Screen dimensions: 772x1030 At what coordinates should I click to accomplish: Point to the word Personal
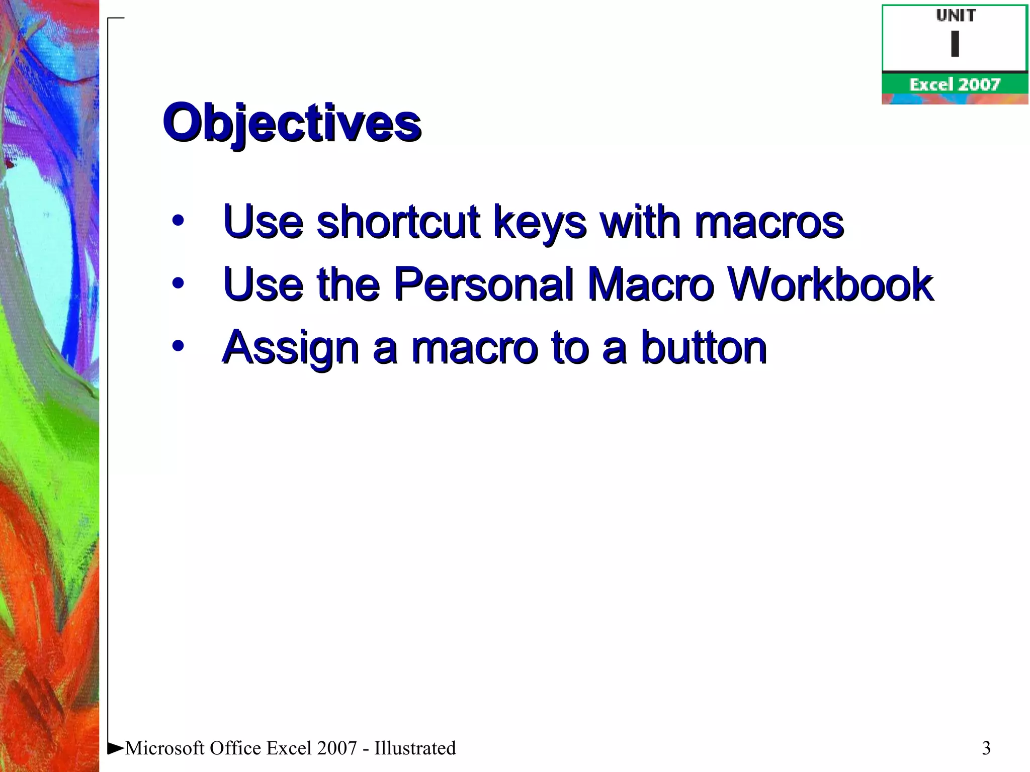click(483, 284)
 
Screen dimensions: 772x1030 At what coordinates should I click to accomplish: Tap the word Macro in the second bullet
click(651, 284)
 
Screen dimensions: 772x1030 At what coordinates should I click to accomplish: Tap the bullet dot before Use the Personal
click(178, 283)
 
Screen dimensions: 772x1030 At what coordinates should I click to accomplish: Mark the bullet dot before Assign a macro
click(178, 346)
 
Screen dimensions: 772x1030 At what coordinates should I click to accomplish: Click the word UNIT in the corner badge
click(956, 16)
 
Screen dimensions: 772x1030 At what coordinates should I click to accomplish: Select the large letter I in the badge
click(955, 44)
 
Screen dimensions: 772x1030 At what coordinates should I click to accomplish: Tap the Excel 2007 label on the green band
click(955, 84)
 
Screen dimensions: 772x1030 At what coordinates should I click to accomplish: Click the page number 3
click(986, 748)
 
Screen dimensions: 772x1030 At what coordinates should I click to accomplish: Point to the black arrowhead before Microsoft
click(116, 748)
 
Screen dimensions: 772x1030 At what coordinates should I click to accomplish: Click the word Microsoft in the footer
click(165, 748)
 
